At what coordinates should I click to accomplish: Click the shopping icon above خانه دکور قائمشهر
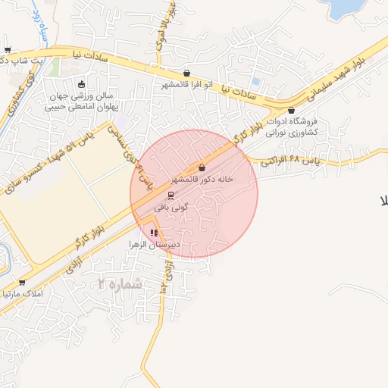coord(202,168)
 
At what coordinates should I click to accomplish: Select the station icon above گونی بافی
coord(170,195)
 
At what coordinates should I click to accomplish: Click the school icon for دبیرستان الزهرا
coord(154,233)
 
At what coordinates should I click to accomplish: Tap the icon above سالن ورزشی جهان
coord(81,84)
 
